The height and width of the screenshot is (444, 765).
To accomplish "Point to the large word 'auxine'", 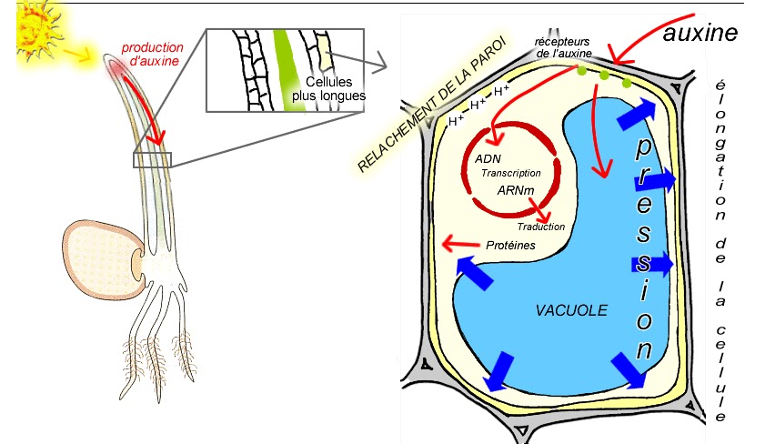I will pos(700,33).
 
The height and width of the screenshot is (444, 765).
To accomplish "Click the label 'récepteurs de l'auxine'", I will pos(563,47).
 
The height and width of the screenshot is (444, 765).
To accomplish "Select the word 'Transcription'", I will pos(510,173).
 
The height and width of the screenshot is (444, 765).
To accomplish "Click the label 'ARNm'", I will pos(515,191).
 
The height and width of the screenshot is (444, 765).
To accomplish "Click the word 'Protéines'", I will pos(509,245).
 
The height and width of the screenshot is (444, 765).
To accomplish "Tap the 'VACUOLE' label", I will pos(571,310).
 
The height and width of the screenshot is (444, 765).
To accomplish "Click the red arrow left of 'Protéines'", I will pos(460,244).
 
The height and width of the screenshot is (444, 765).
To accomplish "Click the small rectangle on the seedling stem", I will pos(151,160).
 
